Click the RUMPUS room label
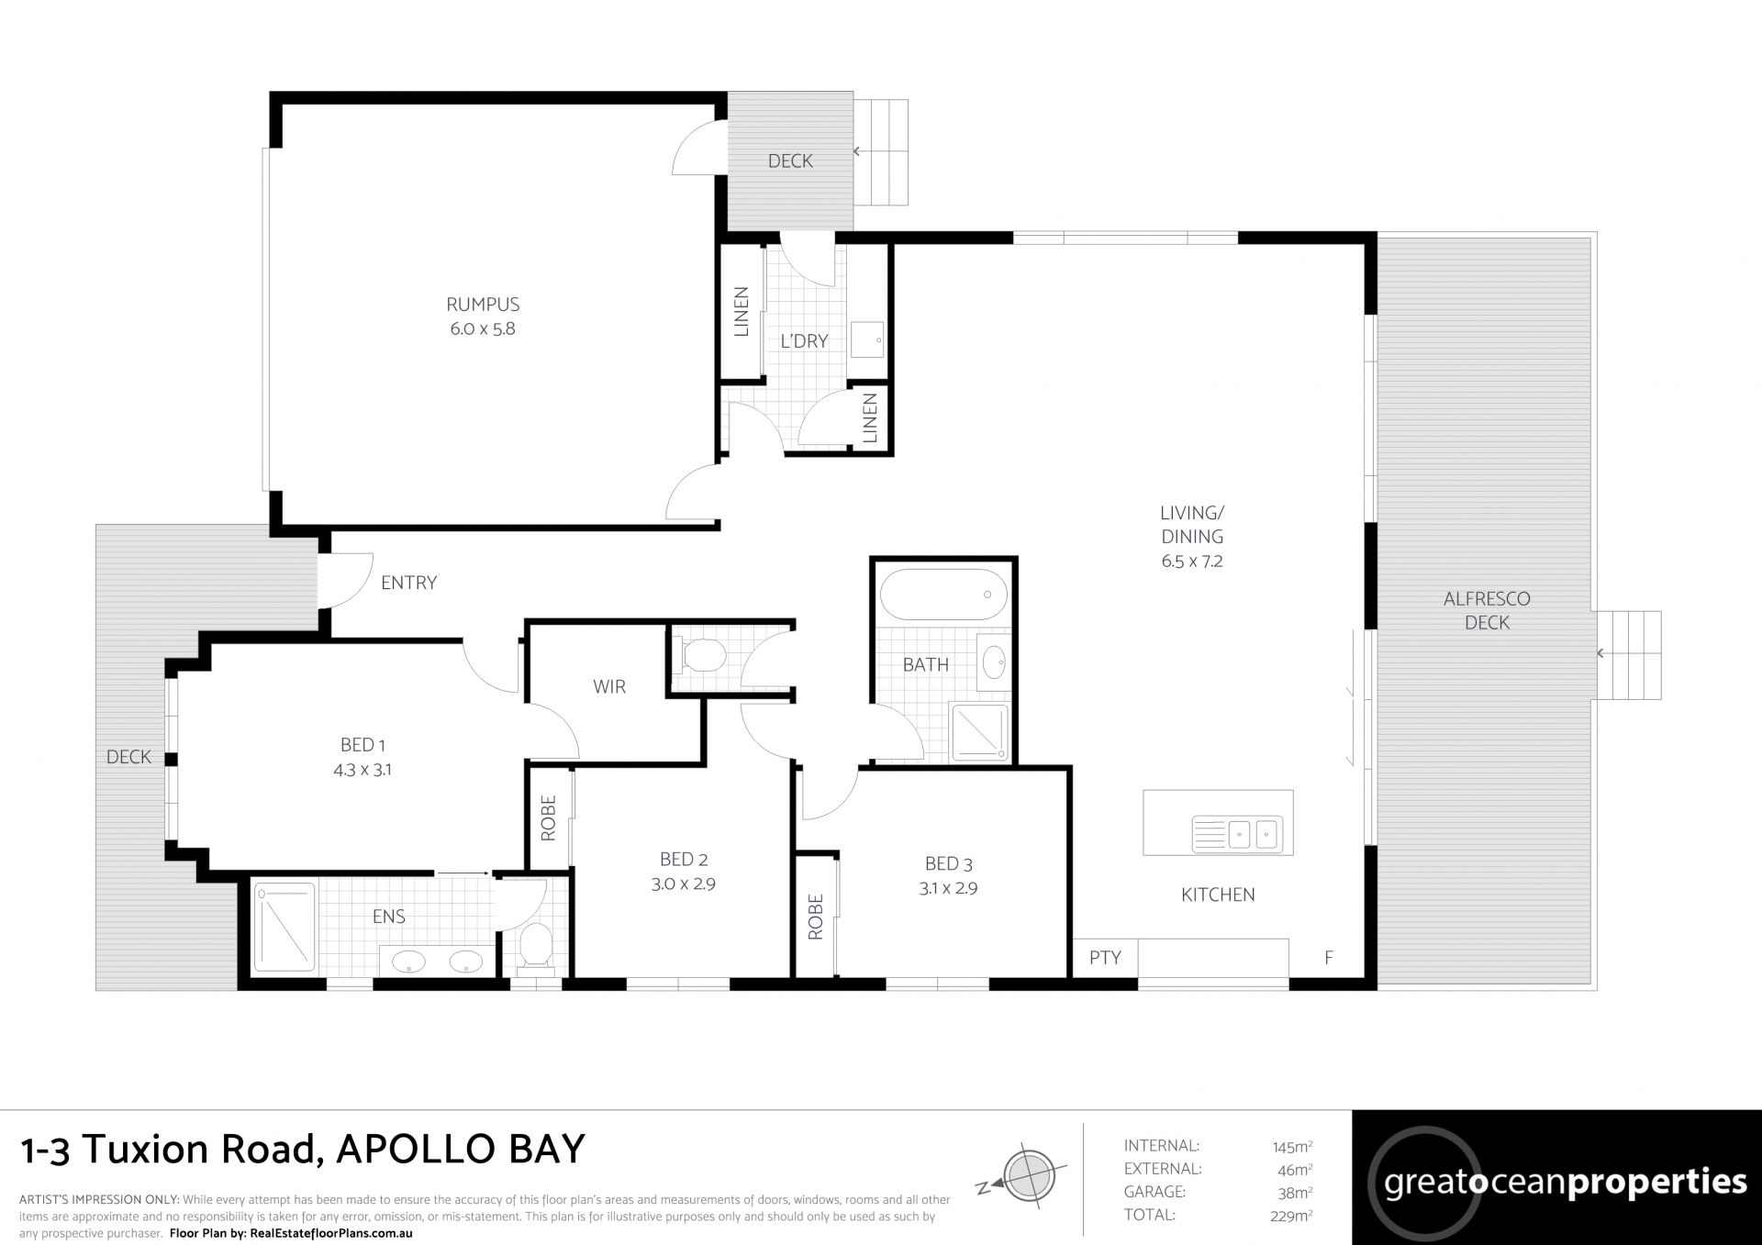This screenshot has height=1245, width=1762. point(483,304)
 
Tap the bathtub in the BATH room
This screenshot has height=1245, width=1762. point(943,595)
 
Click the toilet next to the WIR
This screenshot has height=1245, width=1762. point(705,656)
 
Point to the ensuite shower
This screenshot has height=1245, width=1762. point(284,927)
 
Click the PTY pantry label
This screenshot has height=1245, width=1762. point(1105,958)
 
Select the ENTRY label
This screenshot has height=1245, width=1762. point(409,583)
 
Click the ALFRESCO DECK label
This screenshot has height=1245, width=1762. point(1487,610)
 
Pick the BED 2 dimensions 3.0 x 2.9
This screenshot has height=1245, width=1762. point(684,884)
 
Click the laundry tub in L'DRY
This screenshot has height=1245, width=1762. point(867,339)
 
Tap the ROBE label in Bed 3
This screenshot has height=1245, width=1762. point(816,917)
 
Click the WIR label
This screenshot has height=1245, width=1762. point(609,686)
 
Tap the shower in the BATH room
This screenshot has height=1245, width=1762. point(979,732)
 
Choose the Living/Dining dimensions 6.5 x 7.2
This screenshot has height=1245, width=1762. point(1192,561)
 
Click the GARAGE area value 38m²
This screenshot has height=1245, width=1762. point(1295,1192)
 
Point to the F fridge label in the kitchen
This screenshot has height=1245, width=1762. point(1328,958)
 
